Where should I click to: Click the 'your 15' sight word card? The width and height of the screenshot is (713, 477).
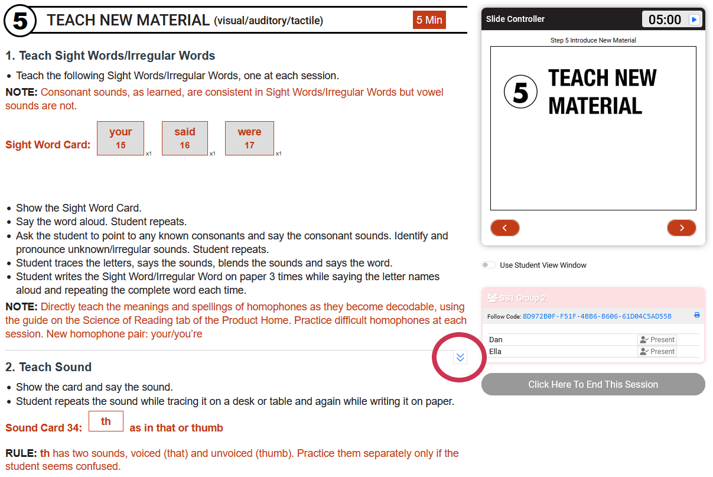[121, 138]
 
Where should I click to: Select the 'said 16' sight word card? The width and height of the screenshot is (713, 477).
[185, 138]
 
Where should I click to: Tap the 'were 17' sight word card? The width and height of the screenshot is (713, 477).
[249, 138]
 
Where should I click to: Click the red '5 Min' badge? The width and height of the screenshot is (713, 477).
[429, 20]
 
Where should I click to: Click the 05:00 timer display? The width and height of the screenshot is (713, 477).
[665, 20]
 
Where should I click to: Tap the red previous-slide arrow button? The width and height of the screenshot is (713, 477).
[505, 228]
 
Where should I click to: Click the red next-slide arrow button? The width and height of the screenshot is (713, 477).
[682, 228]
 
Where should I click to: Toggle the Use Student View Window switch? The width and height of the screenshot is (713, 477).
[489, 265]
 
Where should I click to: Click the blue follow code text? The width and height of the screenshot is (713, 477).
[597, 316]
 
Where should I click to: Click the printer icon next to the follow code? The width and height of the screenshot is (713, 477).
[697, 315]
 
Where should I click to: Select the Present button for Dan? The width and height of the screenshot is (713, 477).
[657, 340]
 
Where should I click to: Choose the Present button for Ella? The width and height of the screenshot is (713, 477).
[657, 352]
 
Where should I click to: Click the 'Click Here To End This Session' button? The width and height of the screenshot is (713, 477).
[593, 384]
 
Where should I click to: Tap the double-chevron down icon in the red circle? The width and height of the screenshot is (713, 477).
[460, 357]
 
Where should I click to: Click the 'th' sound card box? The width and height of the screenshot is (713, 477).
[106, 421]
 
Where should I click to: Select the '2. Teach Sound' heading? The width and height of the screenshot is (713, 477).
[48, 367]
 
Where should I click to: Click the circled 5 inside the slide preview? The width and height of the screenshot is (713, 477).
[521, 92]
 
